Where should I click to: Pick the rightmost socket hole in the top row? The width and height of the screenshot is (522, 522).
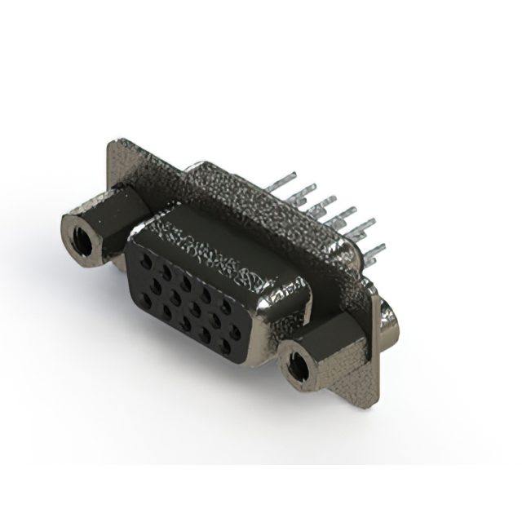(226, 307)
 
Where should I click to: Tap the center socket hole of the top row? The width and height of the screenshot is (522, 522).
(187, 284)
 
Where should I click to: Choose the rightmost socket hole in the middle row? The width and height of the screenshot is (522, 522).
(235, 333)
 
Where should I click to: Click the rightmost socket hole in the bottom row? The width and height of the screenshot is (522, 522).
(225, 346)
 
